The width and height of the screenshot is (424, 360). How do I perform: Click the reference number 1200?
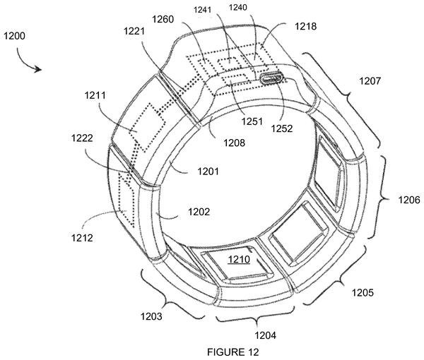pos(14,36)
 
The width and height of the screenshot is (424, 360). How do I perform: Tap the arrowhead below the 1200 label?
pos(38,69)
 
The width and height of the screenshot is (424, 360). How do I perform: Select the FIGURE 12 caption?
pos(232,352)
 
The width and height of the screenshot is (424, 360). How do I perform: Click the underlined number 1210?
pos(239,260)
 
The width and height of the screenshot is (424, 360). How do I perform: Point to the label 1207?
pos(370,80)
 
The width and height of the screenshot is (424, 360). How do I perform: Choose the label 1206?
pos(409,200)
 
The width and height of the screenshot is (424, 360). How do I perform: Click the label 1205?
pos(363,292)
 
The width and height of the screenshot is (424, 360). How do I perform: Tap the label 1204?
pos(265,335)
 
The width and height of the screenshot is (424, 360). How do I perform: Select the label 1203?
pos(151,316)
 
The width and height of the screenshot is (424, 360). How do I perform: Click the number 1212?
pos(82,238)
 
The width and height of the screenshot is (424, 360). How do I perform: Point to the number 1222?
pos(82,138)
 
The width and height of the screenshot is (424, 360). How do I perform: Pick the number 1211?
pos(95,95)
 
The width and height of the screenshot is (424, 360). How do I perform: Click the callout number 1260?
pos(163,19)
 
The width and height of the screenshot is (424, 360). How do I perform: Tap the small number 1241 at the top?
pos(202,10)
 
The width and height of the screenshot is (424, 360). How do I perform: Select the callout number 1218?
pos(305,26)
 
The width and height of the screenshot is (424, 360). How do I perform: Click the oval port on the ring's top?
pos(271,78)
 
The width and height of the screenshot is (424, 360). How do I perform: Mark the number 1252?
pos(282,128)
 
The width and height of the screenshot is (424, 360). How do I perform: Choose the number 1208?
pos(234,143)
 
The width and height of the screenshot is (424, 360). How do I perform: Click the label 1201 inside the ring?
pos(208,172)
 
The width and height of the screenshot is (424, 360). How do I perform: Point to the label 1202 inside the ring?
pos(199,212)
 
